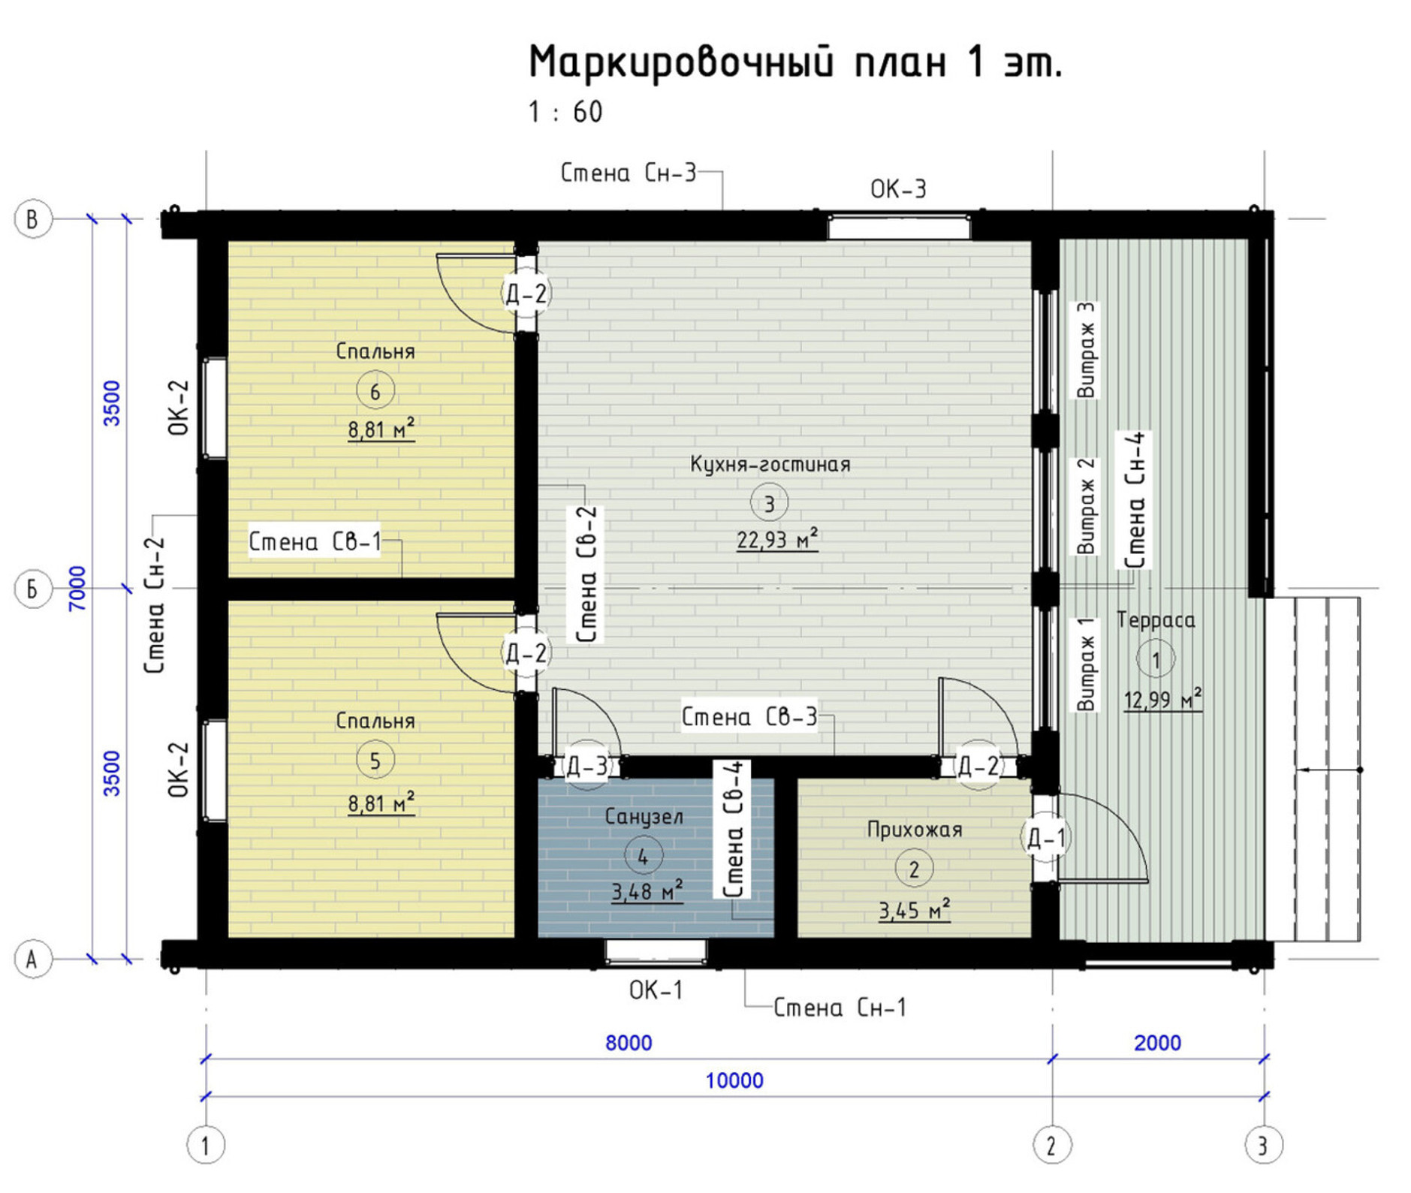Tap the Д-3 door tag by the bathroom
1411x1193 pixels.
point(586,766)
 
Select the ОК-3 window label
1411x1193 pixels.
point(898,188)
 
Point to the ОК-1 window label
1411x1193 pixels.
point(656,990)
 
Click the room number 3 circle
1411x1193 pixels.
point(769,503)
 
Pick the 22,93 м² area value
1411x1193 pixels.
point(777,540)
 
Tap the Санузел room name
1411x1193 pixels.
point(644,816)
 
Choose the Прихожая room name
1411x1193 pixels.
point(914,830)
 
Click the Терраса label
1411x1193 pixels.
point(1155,620)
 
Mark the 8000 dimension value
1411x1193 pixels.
point(629,1043)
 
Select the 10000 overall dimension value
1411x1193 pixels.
point(734,1080)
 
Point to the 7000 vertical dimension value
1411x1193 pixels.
point(78,588)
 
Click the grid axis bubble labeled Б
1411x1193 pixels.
point(32,589)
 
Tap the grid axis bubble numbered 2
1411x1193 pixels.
point(1052,1146)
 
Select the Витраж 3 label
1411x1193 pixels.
point(1086,350)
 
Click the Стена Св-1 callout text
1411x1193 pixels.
point(315,541)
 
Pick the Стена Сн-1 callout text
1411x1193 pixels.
point(840,1008)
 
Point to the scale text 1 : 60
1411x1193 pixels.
point(565,113)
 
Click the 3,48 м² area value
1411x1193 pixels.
point(647,891)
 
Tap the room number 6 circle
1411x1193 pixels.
point(375,390)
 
